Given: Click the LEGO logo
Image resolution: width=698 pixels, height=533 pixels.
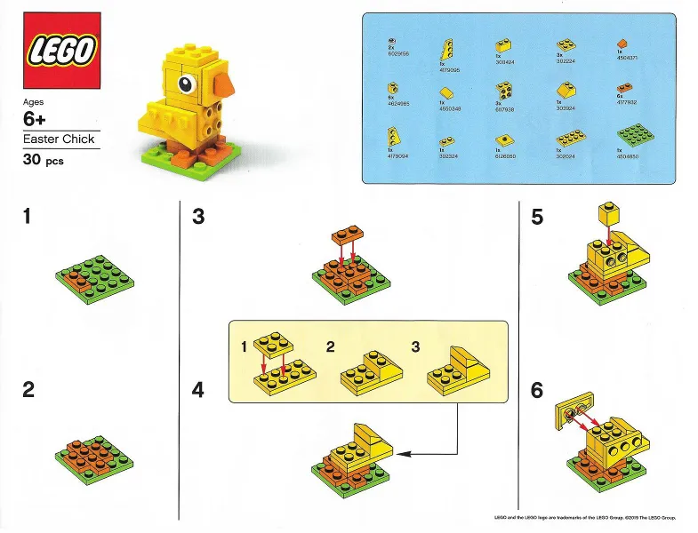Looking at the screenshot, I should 60,51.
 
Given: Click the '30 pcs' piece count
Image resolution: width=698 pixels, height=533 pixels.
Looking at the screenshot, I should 44,161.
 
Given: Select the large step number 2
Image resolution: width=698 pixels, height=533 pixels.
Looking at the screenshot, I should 30,389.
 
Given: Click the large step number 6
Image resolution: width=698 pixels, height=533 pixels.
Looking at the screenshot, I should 537,389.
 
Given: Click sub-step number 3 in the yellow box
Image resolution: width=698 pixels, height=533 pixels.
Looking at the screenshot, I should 415,346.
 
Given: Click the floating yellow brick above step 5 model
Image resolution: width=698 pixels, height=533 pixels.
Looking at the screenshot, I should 607,215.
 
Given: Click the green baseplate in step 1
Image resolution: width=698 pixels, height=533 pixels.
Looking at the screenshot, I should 94,278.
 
